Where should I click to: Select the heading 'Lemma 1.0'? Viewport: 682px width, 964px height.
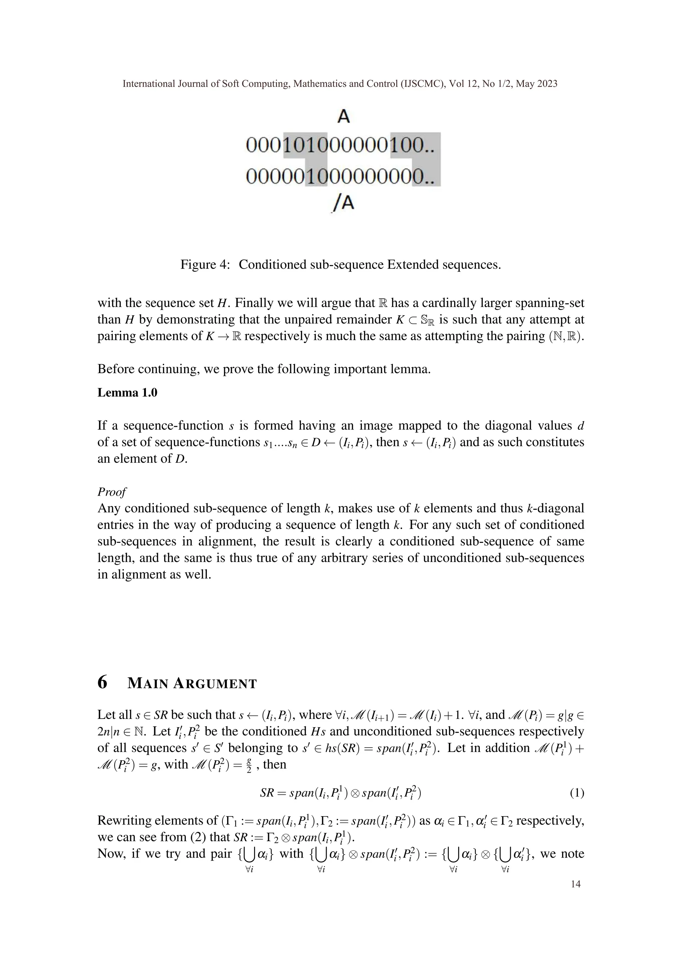[x=127, y=392]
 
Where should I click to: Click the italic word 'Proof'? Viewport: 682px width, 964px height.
[x=112, y=492]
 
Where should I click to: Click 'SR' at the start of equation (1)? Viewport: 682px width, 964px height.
[x=267, y=793]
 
